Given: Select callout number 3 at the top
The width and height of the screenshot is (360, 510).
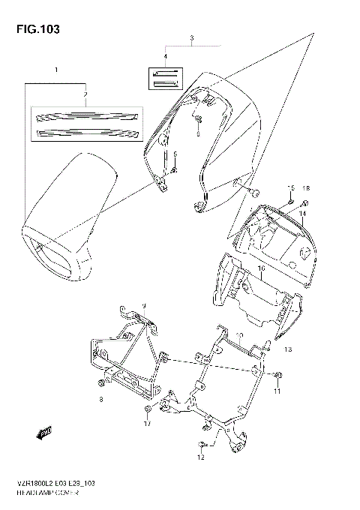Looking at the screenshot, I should click(x=192, y=37).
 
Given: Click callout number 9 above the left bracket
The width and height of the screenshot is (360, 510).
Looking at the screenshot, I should click(x=145, y=306).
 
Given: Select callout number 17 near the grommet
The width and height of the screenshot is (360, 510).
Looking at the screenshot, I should click(x=148, y=424).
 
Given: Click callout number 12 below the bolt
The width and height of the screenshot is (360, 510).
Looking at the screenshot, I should click(x=201, y=457).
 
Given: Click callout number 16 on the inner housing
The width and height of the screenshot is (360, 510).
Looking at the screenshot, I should click(x=261, y=267).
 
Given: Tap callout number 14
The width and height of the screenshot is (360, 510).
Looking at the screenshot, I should click(x=303, y=214).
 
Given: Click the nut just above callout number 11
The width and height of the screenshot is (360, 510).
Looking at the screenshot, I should click(x=277, y=374).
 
